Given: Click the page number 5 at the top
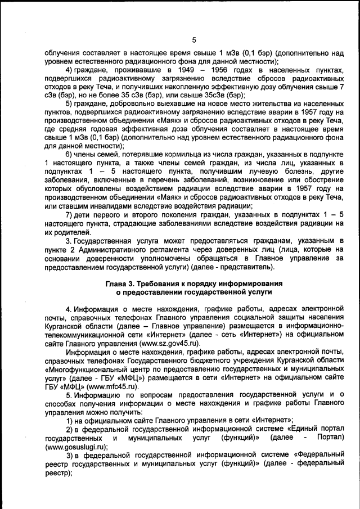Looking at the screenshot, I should [194, 40].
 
